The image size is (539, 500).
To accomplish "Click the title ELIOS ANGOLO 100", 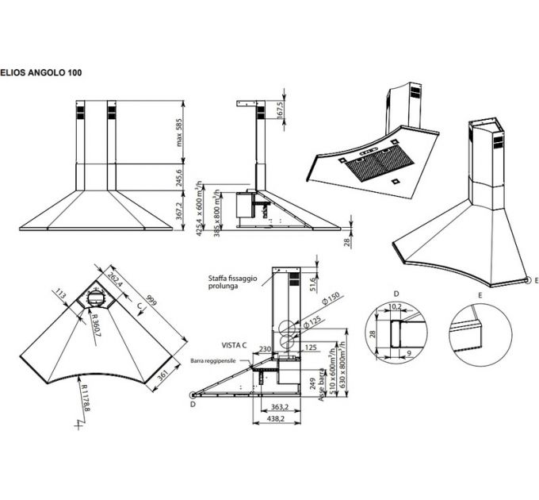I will [x=40, y=71].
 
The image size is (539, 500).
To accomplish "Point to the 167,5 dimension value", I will [x=281, y=110].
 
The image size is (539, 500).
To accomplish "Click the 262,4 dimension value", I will [x=116, y=279].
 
